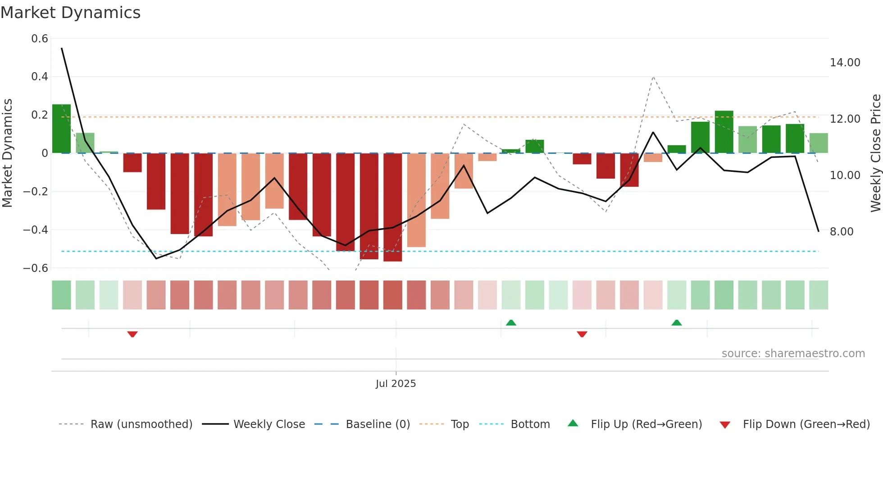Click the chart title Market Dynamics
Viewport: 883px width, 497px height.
[70, 13]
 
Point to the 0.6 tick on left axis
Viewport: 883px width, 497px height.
[40, 39]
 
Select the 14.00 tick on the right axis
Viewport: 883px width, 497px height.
[845, 63]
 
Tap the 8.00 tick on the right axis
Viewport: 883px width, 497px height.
[841, 232]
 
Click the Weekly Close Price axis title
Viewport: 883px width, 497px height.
[875, 153]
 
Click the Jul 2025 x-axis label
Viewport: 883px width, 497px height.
[396, 384]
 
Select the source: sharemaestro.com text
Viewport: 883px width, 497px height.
[793, 354]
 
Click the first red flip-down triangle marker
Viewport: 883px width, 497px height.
[132, 334]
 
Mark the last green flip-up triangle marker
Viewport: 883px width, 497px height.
[676, 322]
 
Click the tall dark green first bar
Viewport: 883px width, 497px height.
[61, 129]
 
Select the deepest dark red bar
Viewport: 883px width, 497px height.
[392, 207]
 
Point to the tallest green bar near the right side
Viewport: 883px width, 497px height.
[724, 132]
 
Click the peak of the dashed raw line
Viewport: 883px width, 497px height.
[653, 77]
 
